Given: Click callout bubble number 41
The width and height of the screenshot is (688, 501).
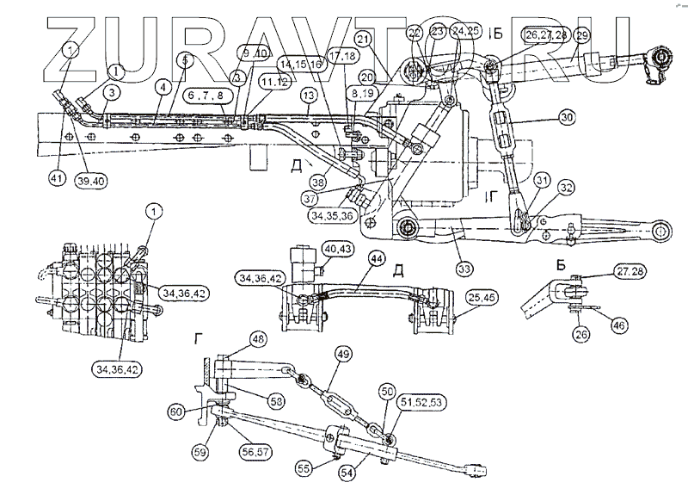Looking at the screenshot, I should [x=58, y=178].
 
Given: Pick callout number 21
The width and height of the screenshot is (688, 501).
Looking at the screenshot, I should [x=364, y=40].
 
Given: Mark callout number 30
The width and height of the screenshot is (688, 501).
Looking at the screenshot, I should [x=541, y=116].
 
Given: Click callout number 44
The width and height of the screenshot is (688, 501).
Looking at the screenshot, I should [x=376, y=257].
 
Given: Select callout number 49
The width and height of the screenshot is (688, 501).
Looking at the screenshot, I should [x=343, y=353].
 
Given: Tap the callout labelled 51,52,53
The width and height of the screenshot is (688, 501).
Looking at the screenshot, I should [x=426, y=400].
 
